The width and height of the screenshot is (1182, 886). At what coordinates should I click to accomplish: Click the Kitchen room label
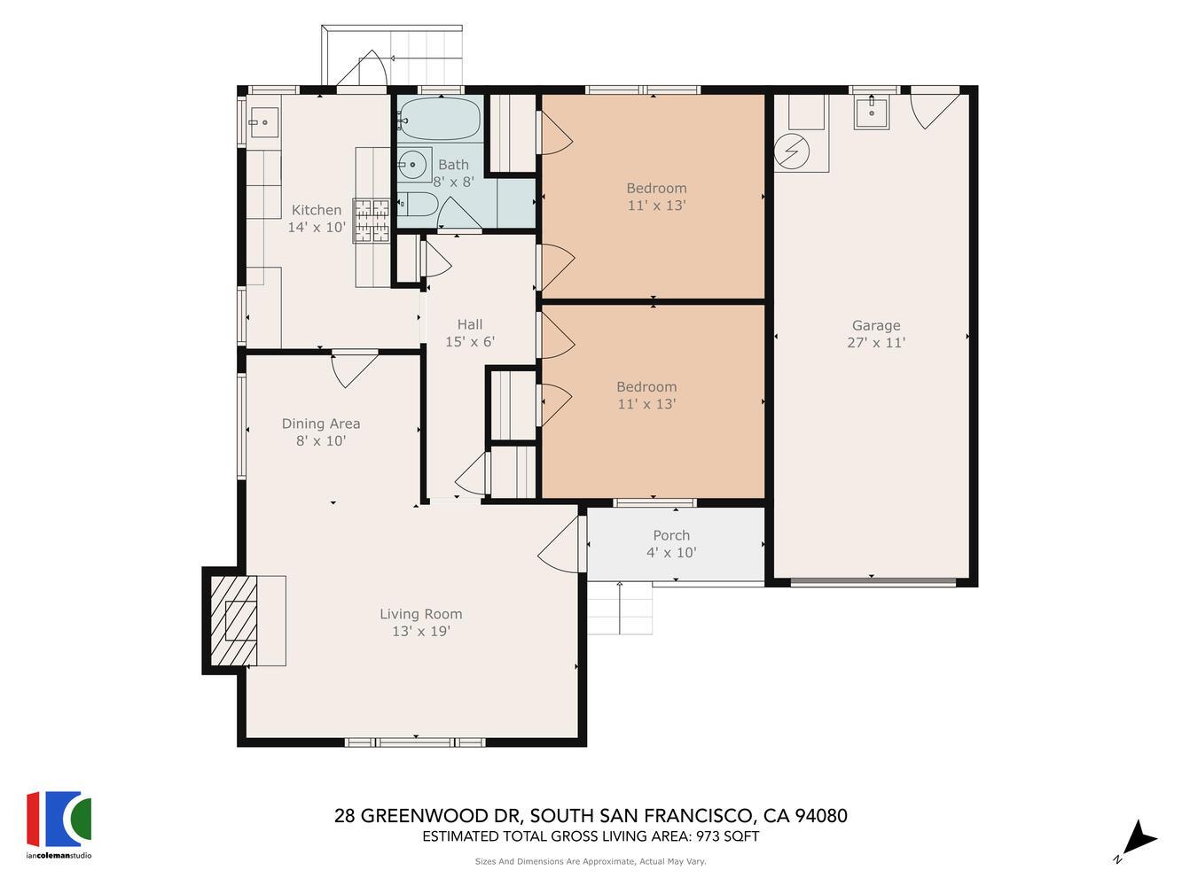click(x=317, y=210)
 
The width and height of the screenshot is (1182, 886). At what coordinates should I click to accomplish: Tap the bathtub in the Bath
click(x=439, y=119)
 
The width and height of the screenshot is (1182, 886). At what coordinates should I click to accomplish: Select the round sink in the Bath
click(x=411, y=164)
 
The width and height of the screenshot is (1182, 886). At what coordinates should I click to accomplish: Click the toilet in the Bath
click(x=417, y=205)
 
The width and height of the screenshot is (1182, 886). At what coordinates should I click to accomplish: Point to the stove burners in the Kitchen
click(x=372, y=220)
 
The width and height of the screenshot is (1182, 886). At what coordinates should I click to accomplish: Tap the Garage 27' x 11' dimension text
click(x=876, y=343)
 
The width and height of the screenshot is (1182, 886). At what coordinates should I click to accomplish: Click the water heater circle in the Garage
click(x=791, y=151)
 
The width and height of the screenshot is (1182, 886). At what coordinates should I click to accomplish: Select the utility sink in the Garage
click(x=871, y=113)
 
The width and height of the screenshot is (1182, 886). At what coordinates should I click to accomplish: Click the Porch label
click(x=671, y=535)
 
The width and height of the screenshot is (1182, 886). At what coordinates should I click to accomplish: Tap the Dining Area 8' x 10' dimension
click(x=321, y=440)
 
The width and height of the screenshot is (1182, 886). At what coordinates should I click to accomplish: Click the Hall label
click(x=470, y=324)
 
